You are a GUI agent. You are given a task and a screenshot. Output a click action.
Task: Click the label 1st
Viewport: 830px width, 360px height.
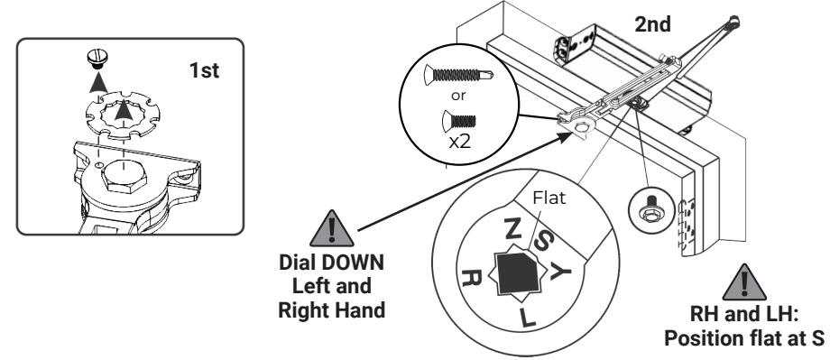(204, 70)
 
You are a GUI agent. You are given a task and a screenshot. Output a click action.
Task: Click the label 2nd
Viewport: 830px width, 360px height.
(652, 24)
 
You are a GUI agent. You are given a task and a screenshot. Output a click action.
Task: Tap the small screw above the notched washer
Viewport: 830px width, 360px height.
(96, 59)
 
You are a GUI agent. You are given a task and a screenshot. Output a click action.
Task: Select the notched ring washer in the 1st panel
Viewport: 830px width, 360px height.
(123, 115)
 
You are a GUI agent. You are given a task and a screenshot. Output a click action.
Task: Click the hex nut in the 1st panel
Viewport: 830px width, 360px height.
(124, 177)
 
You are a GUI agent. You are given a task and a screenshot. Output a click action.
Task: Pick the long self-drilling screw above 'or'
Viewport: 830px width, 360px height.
(458, 75)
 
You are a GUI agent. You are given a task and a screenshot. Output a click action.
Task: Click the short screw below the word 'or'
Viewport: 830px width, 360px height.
(458, 121)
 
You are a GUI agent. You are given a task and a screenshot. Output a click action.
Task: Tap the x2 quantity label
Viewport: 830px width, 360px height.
(459, 143)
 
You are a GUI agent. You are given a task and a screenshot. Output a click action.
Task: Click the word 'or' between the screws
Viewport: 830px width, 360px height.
(458, 97)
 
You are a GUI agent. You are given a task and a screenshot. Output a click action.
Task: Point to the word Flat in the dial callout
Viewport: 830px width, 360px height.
(549, 198)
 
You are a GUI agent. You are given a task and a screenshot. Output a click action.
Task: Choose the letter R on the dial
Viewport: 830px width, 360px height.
(472, 277)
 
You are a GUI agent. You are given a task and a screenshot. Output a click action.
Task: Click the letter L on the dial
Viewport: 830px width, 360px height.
(528, 318)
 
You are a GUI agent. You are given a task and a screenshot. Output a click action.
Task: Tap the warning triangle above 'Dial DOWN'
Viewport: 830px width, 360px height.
(332, 228)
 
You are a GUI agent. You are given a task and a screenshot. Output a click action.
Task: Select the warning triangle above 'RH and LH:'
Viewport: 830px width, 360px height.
(744, 282)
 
